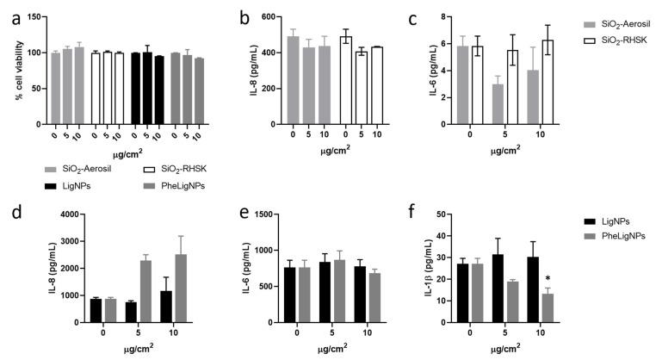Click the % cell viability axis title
click(19, 72)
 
